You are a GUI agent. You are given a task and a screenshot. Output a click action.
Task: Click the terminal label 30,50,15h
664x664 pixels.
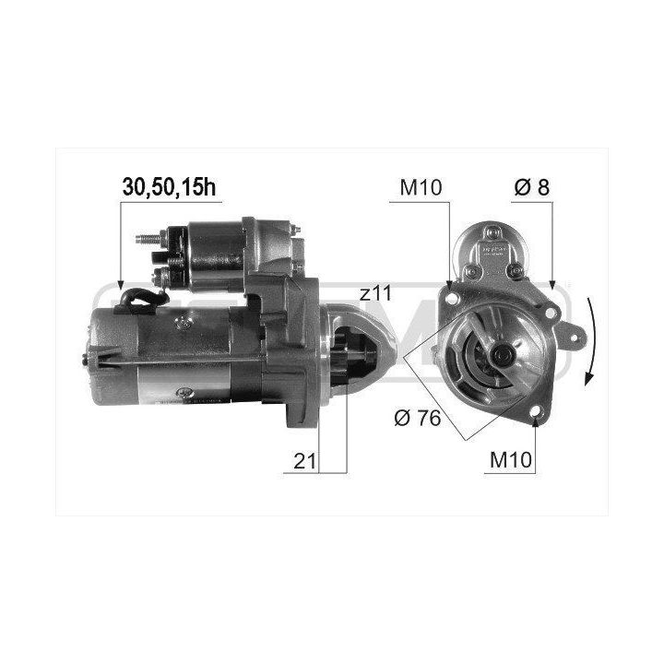(x=169, y=187)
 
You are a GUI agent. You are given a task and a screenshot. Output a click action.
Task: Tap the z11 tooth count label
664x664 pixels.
(x=375, y=293)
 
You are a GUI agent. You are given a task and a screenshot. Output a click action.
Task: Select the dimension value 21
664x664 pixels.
(x=305, y=461)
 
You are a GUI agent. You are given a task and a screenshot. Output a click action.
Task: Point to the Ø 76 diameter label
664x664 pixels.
(x=418, y=419)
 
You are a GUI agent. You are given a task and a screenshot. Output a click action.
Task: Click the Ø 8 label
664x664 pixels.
(x=532, y=187)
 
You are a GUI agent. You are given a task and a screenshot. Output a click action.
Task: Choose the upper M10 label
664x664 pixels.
(x=421, y=187)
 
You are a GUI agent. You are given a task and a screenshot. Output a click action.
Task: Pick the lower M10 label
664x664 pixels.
(x=510, y=459)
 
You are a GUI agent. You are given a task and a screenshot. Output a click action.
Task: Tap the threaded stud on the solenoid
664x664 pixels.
(x=148, y=239)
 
